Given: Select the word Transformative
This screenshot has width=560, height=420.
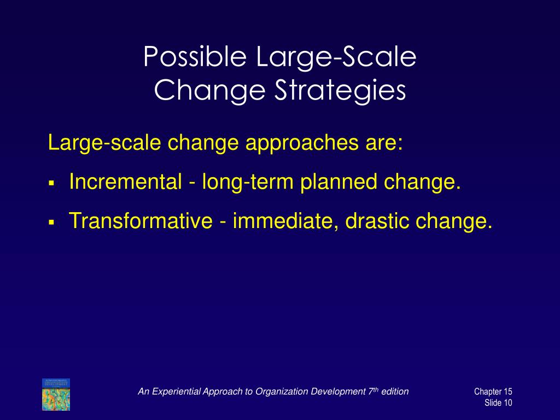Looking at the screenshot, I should pos(141,221).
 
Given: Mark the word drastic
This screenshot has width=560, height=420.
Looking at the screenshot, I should pos(378,221).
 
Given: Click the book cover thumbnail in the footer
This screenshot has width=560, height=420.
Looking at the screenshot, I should pos(56,394).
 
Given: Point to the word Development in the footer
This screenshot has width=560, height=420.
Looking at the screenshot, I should pos(335,391).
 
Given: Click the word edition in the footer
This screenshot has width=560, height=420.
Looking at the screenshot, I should pos(395,391).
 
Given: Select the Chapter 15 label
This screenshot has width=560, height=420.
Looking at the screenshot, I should pos(493,392).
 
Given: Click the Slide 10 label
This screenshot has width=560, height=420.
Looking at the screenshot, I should pos(498,403).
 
